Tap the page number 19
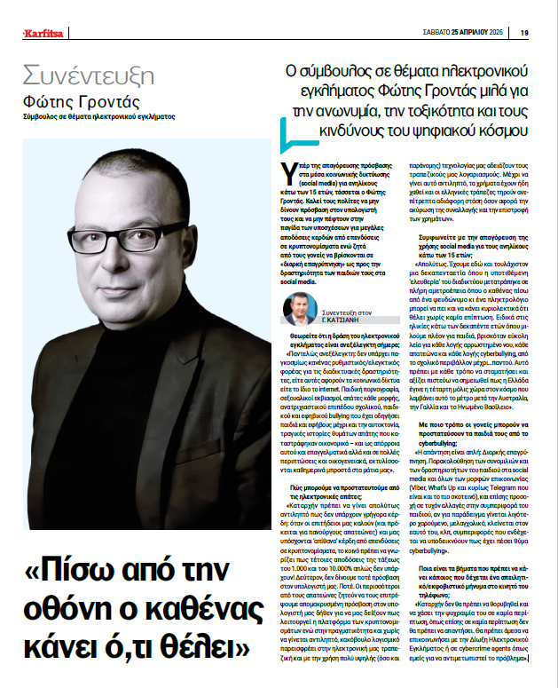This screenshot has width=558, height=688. point(524,34)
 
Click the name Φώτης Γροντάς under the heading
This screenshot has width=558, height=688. point(82,101)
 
